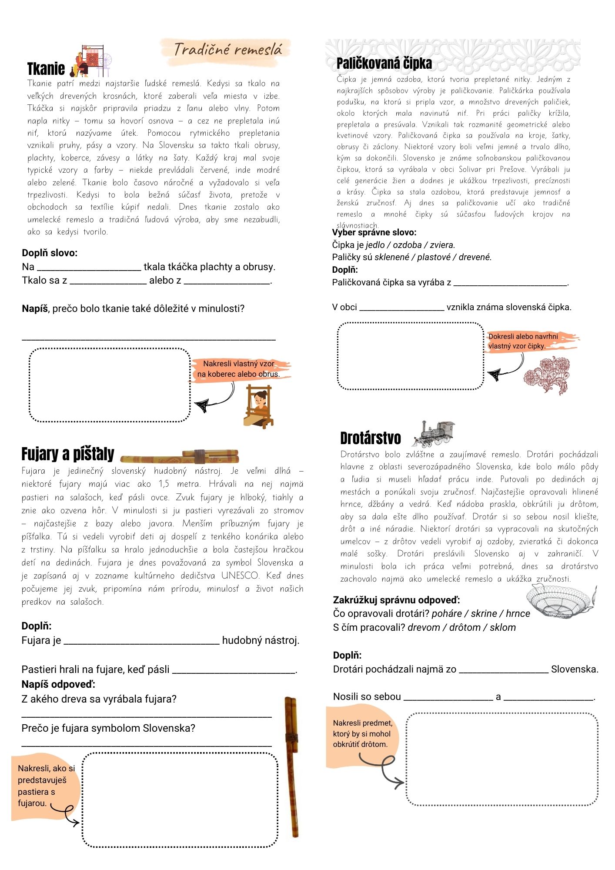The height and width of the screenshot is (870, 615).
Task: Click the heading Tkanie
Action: (46, 69)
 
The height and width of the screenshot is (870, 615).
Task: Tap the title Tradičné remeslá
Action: (227, 50)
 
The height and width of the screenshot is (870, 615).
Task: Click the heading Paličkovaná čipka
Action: (384, 64)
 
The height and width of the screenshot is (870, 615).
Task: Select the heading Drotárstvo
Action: (371, 438)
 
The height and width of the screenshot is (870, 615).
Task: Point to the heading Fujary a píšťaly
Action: (68, 454)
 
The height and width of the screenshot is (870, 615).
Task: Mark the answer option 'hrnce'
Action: (518, 613)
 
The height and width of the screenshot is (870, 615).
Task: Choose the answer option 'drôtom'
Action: (465, 627)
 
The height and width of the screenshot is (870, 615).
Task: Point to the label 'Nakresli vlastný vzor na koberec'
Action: (238, 369)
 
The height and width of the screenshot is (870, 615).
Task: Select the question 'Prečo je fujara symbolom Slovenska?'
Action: (108, 728)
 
